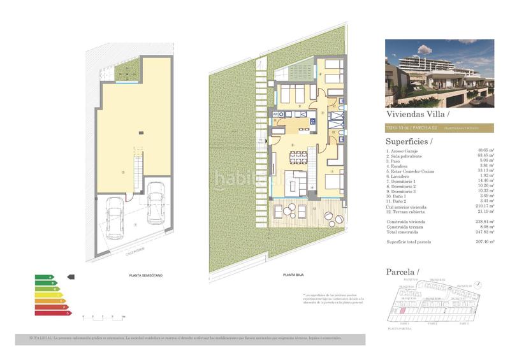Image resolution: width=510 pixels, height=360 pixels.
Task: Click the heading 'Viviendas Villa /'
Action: [x=418, y=115]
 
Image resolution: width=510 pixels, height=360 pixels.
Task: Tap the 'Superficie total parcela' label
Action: [x=414, y=242]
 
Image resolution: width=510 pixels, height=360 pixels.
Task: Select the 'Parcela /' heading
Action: [x=402, y=272]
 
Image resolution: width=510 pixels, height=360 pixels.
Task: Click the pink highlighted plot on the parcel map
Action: [x=404, y=312]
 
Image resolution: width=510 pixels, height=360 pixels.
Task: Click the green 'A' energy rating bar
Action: [x=44, y=277]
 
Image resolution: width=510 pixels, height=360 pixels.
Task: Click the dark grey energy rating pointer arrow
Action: [x=71, y=277]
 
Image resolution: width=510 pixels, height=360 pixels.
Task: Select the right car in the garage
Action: [x=156, y=202]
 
